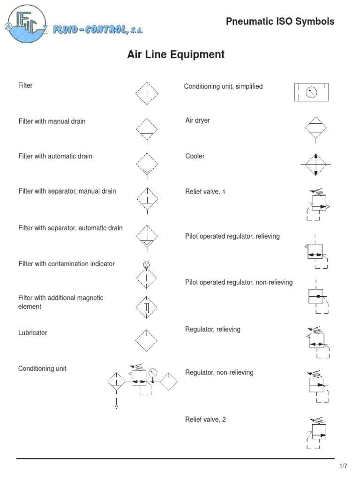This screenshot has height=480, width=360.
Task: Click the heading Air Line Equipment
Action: [x=176, y=55]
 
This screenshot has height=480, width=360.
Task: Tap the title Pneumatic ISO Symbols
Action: [x=280, y=22]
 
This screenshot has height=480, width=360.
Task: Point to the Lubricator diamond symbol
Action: [x=148, y=340]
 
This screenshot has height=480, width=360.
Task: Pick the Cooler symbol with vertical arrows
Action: [x=316, y=165]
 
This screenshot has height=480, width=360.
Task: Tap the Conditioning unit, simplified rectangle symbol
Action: [x=311, y=92]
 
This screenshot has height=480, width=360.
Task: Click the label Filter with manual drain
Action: [x=52, y=121]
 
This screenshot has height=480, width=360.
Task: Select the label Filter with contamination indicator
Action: [x=67, y=264]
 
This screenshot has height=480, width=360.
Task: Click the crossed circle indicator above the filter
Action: [x=146, y=265]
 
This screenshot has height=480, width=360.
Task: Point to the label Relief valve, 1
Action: [x=205, y=192]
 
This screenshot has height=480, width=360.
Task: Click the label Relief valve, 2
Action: [x=205, y=420]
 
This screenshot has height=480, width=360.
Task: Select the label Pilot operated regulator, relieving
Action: [x=232, y=236]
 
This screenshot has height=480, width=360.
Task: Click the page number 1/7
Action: [x=343, y=466]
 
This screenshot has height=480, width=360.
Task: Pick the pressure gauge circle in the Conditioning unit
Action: [x=153, y=373]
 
